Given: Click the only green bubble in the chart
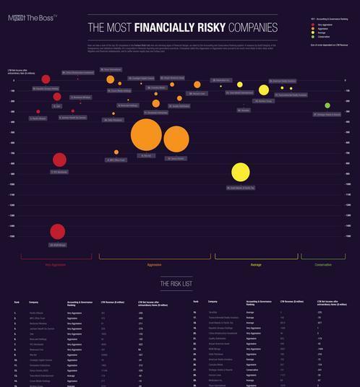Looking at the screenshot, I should tap(327, 105).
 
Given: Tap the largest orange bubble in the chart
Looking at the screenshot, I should tap(146, 134).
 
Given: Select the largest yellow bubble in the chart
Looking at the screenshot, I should tap(240, 172).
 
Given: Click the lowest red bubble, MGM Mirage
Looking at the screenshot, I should tap(58, 231).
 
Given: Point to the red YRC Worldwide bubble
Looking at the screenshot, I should tap(59, 160).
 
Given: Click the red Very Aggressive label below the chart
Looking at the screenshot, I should tap(56, 265).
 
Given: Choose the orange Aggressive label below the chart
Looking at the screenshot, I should tap(154, 265).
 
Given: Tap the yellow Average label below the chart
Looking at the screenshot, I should tap(256, 265).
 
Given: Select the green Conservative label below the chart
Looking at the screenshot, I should tap(323, 265).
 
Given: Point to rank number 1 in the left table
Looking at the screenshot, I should tap(15, 313).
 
